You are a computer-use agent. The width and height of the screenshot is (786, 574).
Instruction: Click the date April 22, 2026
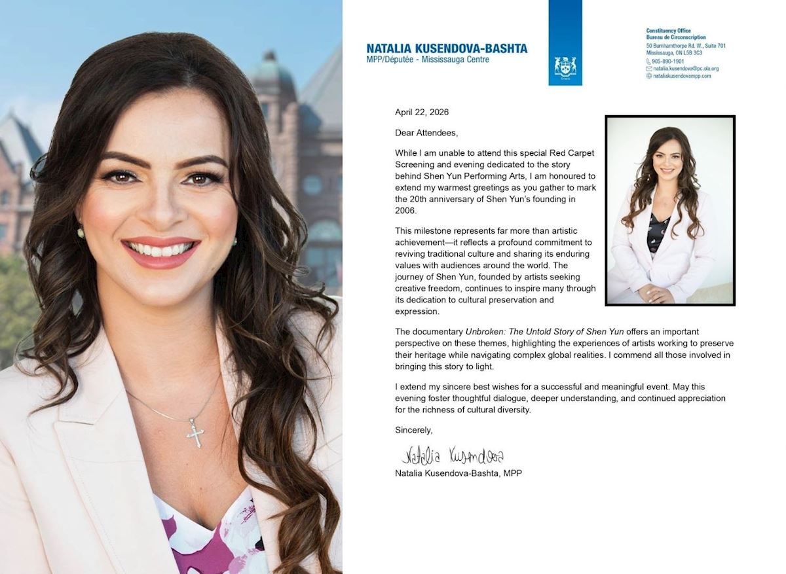422,112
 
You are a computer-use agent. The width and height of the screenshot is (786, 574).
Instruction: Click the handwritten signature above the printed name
452,456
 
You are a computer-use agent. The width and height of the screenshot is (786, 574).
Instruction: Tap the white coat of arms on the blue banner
565,66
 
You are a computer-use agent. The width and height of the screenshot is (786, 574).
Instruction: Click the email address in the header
686,68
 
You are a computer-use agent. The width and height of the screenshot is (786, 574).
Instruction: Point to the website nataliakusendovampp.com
682,76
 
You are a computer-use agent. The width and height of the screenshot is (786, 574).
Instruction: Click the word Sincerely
414,430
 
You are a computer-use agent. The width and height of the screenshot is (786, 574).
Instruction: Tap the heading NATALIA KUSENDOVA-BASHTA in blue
447,48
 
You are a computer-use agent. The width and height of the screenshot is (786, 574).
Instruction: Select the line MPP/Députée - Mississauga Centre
428,60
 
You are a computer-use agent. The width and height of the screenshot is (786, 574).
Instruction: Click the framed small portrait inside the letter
669,210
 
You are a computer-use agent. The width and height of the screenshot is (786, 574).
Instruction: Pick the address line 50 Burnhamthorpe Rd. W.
686,46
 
